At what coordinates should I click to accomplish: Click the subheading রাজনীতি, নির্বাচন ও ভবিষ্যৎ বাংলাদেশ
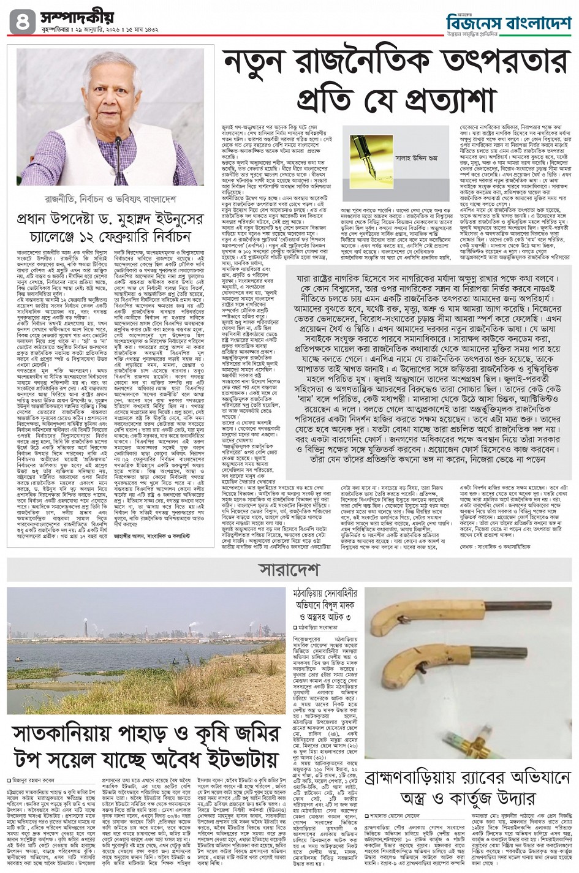point(105,198)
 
